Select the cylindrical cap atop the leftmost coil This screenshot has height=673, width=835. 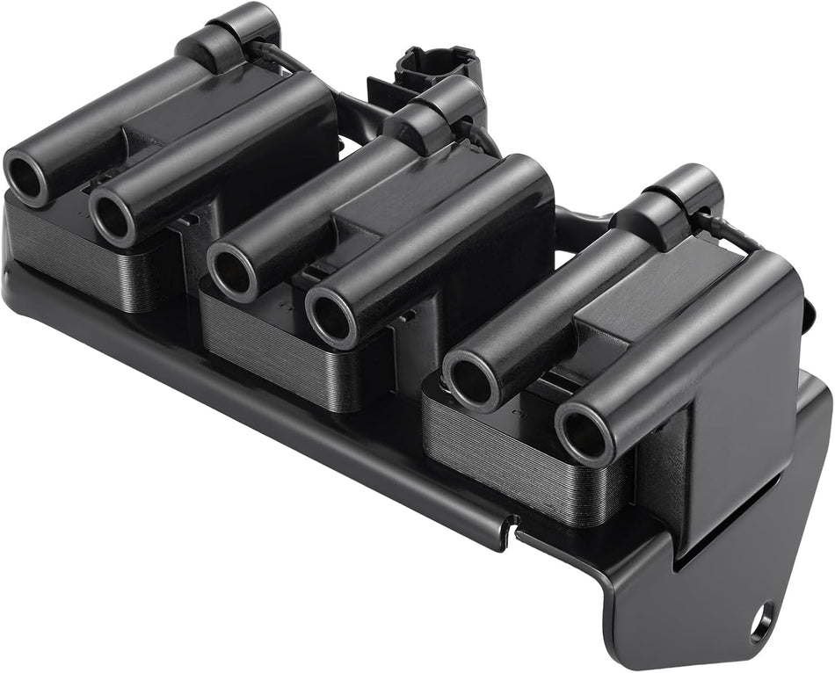[x=236, y=27]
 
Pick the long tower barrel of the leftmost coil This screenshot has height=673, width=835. [x=105, y=132]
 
